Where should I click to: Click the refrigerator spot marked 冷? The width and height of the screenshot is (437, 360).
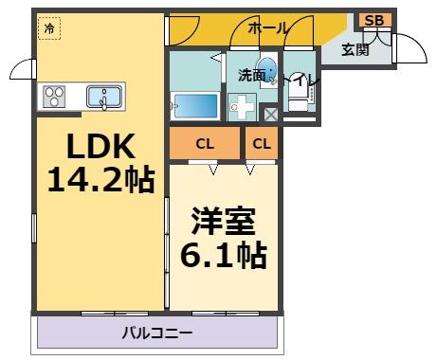tap(48, 28)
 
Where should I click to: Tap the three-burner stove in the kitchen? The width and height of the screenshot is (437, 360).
tap(52, 96)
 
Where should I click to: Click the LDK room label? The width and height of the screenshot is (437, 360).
tap(100, 147)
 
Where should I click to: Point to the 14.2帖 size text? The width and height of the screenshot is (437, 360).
tap(100, 179)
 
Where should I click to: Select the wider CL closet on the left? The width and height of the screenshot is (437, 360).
tap(205, 145)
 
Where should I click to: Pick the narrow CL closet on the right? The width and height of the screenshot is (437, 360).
tap(262, 145)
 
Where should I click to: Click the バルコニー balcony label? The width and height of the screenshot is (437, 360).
tap(156, 333)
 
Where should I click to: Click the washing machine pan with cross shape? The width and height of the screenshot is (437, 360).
tap(243, 106)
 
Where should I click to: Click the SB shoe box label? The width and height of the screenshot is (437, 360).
tap(373, 21)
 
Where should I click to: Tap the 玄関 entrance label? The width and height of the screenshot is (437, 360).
tap(356, 49)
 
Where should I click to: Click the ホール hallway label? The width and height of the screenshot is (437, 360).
tap(268, 28)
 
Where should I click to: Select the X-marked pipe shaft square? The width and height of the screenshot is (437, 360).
tap(270, 116)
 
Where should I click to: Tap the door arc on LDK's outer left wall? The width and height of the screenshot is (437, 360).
tap(21, 69)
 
